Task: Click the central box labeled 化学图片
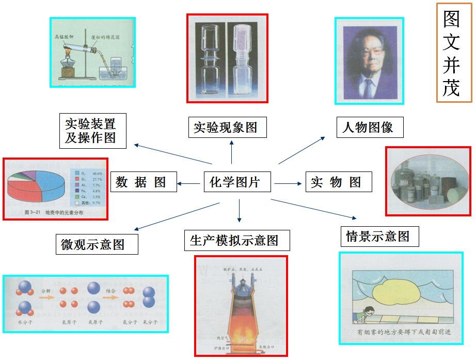tap(235, 182)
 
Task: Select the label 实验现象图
tap(227, 127)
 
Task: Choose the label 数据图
tap(141, 182)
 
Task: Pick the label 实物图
tap(336, 182)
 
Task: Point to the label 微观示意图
tap(97, 244)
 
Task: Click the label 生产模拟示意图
tap(236, 241)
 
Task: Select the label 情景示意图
tap(379, 237)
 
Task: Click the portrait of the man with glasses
tap(369, 61)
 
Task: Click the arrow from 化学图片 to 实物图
tap(288, 183)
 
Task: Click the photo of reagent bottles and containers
tap(429, 181)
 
